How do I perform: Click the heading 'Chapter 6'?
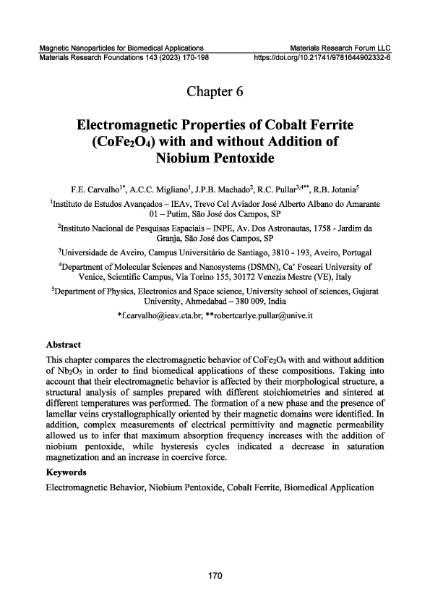pyautogui.click(x=215, y=91)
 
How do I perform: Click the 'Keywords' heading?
pyautogui.click(x=66, y=472)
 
